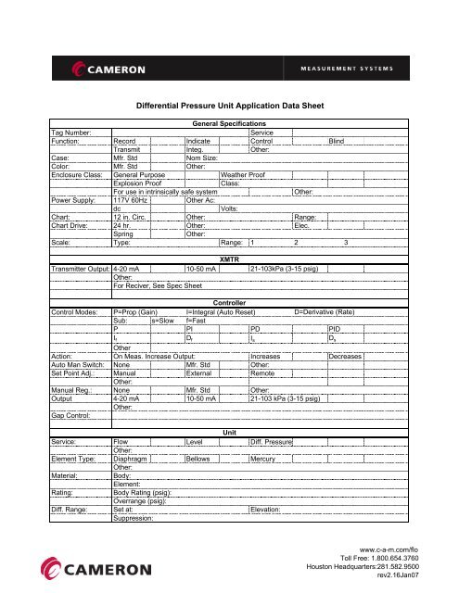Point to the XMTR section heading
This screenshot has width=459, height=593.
[228, 233]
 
